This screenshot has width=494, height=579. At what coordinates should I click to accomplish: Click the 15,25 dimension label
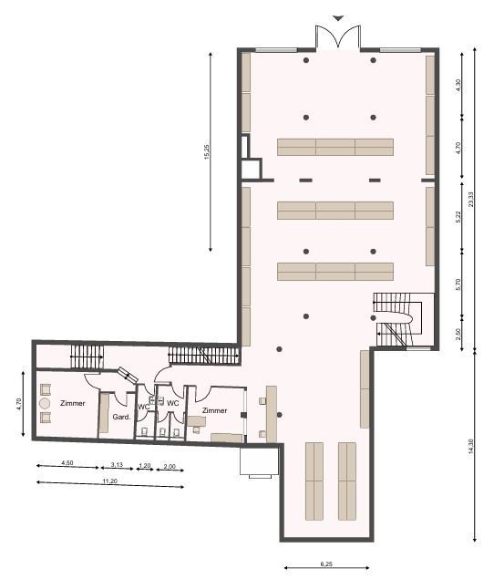(x=207, y=151)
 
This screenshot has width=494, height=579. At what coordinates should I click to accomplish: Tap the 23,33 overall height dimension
(x=470, y=200)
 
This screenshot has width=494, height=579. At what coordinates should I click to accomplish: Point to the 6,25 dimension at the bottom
(x=326, y=563)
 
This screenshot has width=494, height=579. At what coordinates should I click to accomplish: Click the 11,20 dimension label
(x=110, y=481)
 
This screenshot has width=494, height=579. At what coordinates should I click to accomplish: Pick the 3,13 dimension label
(x=117, y=464)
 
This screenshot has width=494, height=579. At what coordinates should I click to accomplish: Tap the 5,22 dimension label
(x=458, y=217)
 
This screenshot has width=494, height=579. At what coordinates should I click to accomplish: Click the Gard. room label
(x=121, y=417)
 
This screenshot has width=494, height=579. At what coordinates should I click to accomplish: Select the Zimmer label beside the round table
(x=73, y=403)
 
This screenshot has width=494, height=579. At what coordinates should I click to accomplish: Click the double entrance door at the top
(x=338, y=36)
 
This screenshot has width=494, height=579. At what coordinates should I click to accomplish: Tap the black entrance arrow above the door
(x=338, y=17)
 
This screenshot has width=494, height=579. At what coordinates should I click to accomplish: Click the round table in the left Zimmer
(x=45, y=403)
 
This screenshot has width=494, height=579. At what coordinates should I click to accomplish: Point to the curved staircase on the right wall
(x=397, y=319)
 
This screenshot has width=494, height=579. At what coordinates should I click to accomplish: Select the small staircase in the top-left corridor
(x=87, y=357)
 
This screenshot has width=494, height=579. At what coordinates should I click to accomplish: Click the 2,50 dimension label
(x=458, y=335)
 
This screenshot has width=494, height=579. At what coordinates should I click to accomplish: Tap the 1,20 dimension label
(x=145, y=466)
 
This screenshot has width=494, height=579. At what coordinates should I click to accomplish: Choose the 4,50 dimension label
(x=67, y=462)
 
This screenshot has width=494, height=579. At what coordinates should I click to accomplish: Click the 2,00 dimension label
(x=170, y=466)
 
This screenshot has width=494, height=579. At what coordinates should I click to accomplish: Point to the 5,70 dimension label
(x=458, y=284)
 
